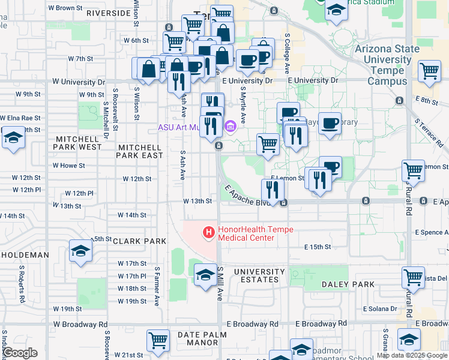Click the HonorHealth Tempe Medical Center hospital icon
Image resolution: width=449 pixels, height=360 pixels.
(x=209, y=232)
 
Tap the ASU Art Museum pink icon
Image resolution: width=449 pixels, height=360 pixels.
(x=231, y=127)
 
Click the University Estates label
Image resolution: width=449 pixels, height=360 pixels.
(x=256, y=275)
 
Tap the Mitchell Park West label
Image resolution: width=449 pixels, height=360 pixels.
(x=79, y=143)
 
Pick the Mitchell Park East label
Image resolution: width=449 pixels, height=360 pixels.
(x=140, y=151)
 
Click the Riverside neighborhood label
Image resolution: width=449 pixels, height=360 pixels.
(x=109, y=13)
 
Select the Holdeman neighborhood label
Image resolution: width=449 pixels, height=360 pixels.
(x=25, y=255)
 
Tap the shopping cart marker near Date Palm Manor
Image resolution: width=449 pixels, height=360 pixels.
(x=158, y=340)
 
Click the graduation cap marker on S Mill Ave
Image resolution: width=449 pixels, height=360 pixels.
(x=206, y=275)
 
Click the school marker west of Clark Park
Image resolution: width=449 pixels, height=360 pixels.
(x=80, y=251)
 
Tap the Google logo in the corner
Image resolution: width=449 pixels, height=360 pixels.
(x=20, y=353)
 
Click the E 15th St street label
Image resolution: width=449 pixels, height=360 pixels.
(x=318, y=247)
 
